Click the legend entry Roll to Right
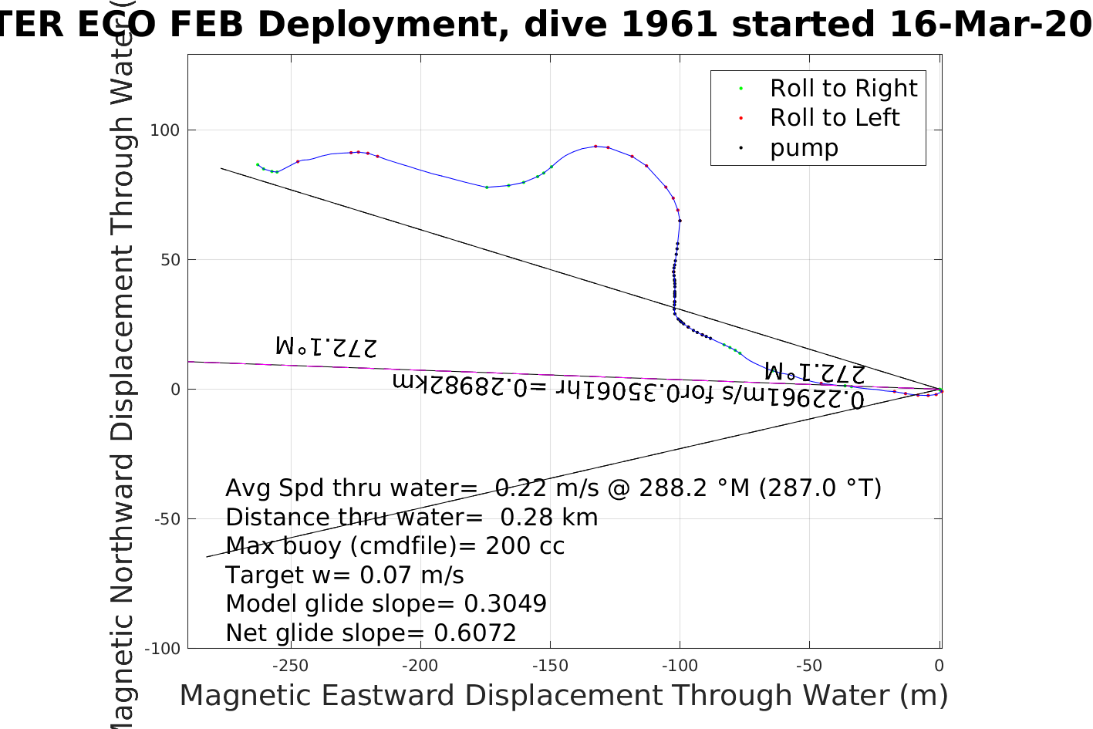(x=843, y=89)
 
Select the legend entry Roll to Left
(x=834, y=118)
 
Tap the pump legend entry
(x=803, y=148)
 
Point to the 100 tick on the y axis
(x=164, y=130)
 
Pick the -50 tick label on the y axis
(x=167, y=519)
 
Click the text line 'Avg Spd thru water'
(x=553, y=488)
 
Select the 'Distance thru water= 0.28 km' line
(x=411, y=518)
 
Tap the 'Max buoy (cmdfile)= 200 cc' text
(x=395, y=546)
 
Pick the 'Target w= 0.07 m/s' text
(x=345, y=575)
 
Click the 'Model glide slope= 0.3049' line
(x=386, y=604)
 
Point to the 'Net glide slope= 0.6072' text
(x=370, y=633)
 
